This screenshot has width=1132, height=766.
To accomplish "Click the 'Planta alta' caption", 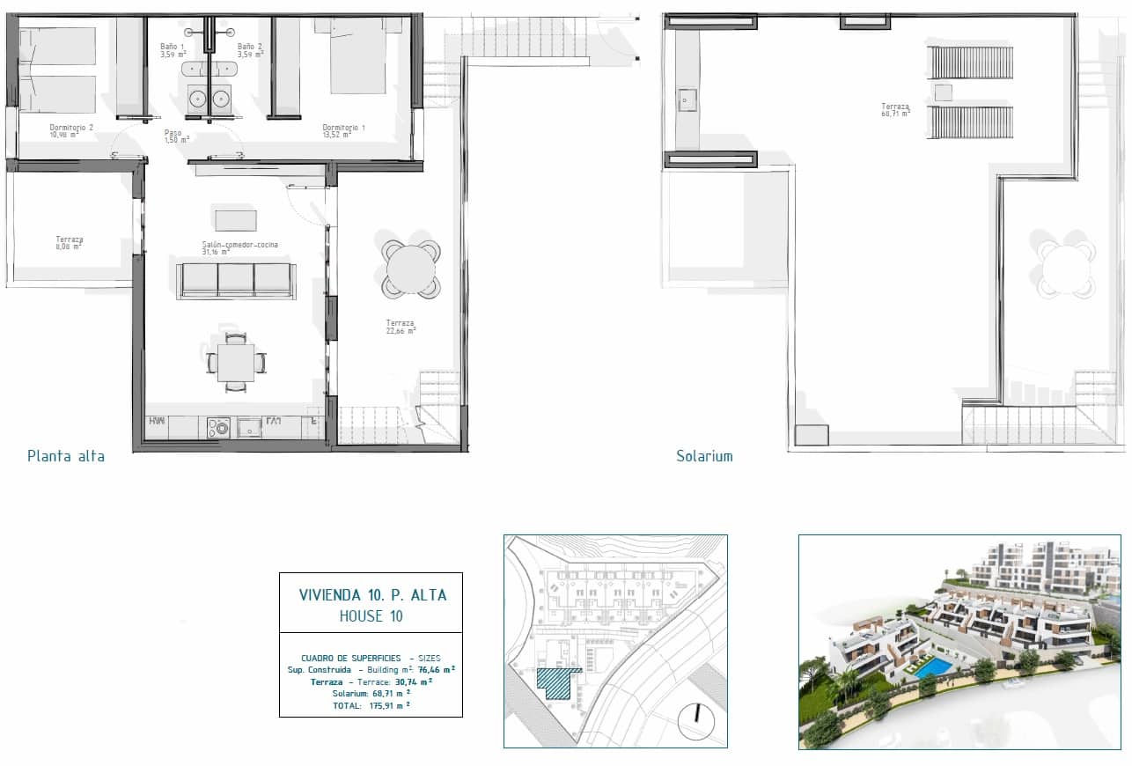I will point(66,456).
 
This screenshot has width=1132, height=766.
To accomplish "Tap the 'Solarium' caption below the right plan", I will point(704,456).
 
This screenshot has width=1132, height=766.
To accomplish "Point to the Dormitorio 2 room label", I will point(71,131).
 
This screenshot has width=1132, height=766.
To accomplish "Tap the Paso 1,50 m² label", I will point(176,136).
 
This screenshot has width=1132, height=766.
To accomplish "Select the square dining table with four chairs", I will point(236,362).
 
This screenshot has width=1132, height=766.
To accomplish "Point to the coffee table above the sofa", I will point(236,218).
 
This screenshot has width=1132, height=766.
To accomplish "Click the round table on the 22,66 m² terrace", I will point(410,269).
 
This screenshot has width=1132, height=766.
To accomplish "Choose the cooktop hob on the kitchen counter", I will point(218,428).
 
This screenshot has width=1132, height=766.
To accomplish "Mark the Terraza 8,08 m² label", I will point(69,243).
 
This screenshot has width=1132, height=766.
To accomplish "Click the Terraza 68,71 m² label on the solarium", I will point(895,110).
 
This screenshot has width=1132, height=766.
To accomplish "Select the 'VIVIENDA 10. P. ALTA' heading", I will point(372,595).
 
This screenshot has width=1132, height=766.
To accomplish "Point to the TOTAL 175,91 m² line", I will point(371,705).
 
